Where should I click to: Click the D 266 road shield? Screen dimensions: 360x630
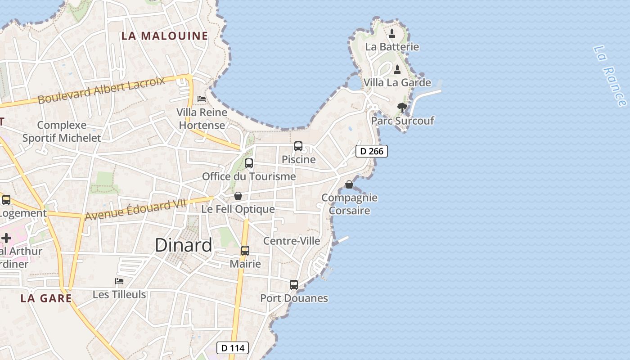[372, 151]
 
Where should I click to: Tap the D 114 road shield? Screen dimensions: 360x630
[233, 348]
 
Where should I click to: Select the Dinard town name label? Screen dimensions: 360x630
[183, 245]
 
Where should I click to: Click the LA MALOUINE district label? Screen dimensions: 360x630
[165, 36]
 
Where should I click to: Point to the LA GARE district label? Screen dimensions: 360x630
[46, 298]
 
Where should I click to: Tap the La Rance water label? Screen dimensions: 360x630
[610, 76]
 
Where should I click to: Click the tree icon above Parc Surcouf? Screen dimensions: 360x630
[402, 108]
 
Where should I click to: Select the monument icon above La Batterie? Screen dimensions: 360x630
[392, 33]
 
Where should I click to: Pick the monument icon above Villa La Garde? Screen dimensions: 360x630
[397, 70]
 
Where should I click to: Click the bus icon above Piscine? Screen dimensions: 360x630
[298, 146]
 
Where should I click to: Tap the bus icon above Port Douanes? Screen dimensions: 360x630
[294, 285]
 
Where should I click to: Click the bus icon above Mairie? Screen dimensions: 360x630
[245, 251]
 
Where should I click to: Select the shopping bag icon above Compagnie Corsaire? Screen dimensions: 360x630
[349, 184]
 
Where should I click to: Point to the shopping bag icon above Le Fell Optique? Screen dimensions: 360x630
[238, 196]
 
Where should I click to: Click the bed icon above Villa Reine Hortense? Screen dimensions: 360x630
[202, 99]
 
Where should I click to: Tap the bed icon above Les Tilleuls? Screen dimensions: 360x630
[119, 281]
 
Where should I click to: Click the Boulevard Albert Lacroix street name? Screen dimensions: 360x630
[101, 90]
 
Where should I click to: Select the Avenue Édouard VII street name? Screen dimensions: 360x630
[135, 210]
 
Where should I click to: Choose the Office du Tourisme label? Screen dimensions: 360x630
[249, 176]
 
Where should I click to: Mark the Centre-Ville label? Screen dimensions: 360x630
[292, 241]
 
